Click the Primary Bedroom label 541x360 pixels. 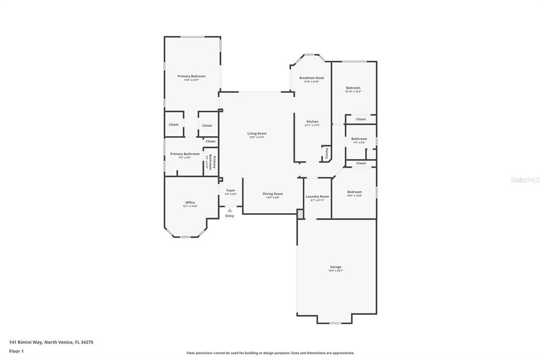coord(191,76)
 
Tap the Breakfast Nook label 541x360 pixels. coord(312,78)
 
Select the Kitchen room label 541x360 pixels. coord(312,121)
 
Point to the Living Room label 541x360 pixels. coord(257,134)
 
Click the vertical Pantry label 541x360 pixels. coord(327,153)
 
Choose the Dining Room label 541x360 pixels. coord(273,194)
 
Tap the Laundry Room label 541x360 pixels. coord(317,196)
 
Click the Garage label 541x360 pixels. coord(336,267)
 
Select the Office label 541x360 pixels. coord(190,203)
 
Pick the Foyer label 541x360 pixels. coord(231,190)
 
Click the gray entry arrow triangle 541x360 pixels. coord(229,210)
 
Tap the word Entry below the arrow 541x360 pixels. coord(230,216)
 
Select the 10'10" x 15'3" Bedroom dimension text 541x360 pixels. coord(353,92)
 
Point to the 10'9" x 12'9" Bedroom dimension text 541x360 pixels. coord(354,196)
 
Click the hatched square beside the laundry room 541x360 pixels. coord(300,214)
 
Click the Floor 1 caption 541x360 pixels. coord(16,351)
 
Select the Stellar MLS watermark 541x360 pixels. coord(525,180)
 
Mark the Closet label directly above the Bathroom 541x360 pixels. coord(361,119)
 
